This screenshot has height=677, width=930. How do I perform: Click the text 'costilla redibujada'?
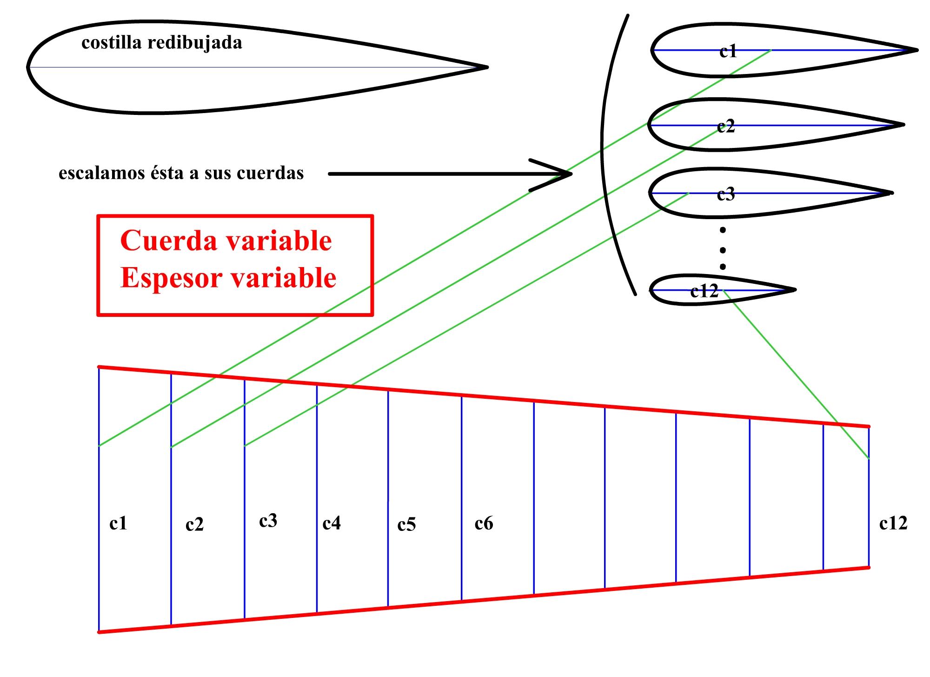[x=162, y=43]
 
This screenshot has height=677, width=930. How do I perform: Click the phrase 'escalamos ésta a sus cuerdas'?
[x=181, y=173]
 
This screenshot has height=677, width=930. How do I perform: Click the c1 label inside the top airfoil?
[x=728, y=51]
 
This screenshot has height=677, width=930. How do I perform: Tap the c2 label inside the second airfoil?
[x=726, y=126]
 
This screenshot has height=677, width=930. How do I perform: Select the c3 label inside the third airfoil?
[x=726, y=194]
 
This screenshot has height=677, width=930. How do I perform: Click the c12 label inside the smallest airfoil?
[x=704, y=291]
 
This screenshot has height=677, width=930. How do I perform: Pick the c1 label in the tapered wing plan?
[x=118, y=523]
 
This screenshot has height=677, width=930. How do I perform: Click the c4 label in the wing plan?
[x=332, y=523]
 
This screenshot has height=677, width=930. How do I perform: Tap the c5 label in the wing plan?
[x=406, y=525]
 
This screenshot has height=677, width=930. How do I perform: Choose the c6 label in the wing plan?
[x=484, y=523]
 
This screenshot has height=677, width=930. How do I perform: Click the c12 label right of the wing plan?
[x=893, y=523]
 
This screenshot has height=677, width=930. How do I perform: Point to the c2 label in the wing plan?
[x=194, y=525]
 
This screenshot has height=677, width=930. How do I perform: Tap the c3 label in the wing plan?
[x=268, y=521]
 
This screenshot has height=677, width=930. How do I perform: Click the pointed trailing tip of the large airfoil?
[x=487, y=67]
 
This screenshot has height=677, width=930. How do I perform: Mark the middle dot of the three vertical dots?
[x=723, y=250]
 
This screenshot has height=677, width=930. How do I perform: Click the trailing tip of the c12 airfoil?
[x=795, y=289]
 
